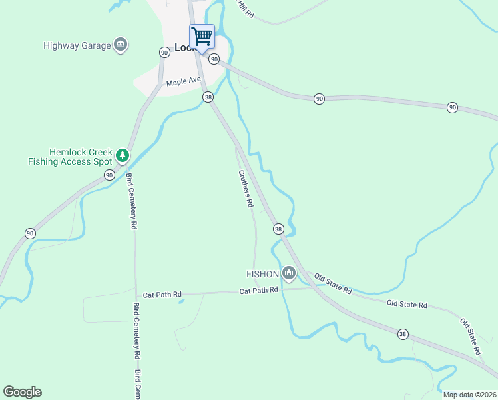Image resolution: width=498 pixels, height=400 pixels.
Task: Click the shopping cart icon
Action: pyautogui.click(x=202, y=36)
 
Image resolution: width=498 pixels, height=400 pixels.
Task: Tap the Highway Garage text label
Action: pyautogui.click(x=77, y=46)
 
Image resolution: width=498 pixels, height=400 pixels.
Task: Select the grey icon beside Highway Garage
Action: pyautogui.click(x=121, y=45)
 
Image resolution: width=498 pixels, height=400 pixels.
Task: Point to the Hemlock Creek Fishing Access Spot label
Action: pyautogui.click(x=70, y=157)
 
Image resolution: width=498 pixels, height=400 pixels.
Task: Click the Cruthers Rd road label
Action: pyautogui.click(x=246, y=188)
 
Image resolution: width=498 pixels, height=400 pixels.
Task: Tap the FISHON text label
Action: pyautogui.click(x=262, y=273)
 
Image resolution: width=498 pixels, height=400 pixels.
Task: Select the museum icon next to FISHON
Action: pyautogui.click(x=288, y=273)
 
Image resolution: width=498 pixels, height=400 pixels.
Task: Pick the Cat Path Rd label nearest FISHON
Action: pyautogui.click(x=258, y=291)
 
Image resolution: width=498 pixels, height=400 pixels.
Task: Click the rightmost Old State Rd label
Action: pyautogui.click(x=470, y=336)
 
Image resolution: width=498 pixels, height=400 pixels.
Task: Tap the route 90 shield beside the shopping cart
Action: pyautogui.click(x=214, y=59)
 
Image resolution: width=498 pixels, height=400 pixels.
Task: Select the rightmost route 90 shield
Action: pyautogui.click(x=453, y=107)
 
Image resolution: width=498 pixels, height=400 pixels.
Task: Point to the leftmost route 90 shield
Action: pyautogui.click(x=30, y=233)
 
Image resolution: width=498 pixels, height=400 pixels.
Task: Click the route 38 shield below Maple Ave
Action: pyautogui.click(x=208, y=97)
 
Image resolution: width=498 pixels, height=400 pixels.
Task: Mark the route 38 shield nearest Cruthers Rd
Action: pyautogui.click(x=278, y=229)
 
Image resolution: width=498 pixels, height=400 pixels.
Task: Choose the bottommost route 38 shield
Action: pyautogui.click(x=403, y=333)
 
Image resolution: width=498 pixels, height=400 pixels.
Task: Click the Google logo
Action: pyautogui.click(x=22, y=392)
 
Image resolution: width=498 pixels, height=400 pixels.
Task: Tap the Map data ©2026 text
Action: pyautogui.click(x=469, y=395)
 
